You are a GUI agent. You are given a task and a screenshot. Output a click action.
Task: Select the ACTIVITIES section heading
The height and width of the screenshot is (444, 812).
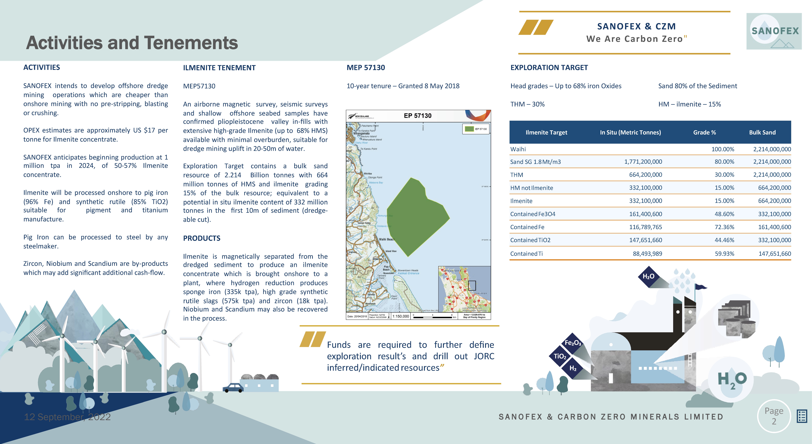click(x=42, y=67)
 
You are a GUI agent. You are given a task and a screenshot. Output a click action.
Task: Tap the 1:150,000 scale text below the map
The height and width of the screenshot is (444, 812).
click(x=401, y=316)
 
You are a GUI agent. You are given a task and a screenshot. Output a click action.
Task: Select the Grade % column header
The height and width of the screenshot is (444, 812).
click(x=705, y=132)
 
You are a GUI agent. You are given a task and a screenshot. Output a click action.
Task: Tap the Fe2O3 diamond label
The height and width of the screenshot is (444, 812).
click(x=573, y=343)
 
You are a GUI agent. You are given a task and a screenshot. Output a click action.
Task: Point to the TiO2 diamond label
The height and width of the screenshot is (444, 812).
click(x=560, y=356)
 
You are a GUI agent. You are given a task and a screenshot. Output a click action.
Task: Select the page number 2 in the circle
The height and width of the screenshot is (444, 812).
click(x=774, y=421)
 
